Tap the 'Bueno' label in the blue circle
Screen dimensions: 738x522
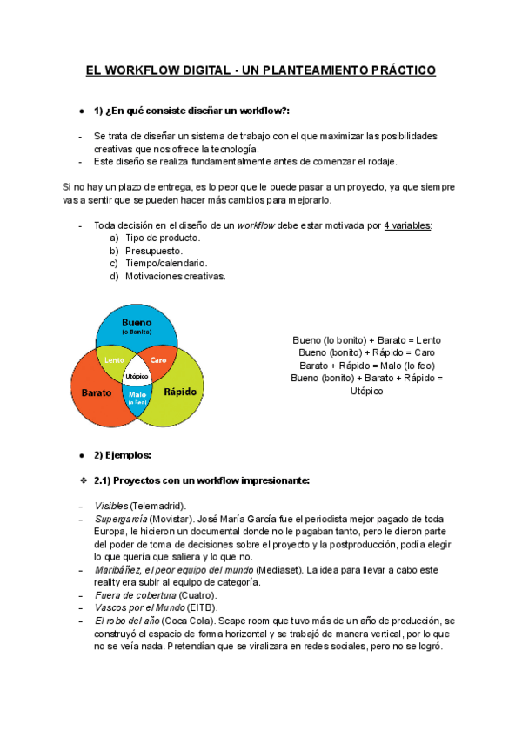point(136,322)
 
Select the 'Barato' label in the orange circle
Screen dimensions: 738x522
point(97,392)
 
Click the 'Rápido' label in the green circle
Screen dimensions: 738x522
point(180,392)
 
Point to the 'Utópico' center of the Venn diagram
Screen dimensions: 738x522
point(137,376)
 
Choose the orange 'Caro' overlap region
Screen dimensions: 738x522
point(158,359)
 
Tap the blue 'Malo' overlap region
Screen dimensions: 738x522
point(137,396)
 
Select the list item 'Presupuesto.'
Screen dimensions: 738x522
point(153,251)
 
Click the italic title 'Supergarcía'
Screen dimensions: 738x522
point(120,519)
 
